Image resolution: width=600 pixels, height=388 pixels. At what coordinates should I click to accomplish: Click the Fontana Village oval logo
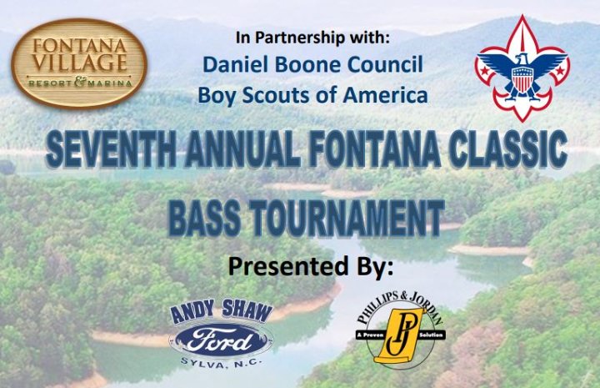click(79, 63)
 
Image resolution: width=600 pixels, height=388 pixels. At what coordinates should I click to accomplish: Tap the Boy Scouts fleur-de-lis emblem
click(522, 68)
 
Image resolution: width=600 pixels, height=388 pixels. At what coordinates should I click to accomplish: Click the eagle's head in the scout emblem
click(520, 59)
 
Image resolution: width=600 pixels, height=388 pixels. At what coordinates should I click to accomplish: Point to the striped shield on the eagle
click(521, 79)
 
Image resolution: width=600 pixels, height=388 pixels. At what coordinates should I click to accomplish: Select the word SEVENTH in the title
click(111, 149)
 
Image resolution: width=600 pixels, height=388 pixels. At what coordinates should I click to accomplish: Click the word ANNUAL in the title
click(242, 149)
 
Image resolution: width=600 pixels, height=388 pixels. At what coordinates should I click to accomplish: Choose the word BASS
click(204, 217)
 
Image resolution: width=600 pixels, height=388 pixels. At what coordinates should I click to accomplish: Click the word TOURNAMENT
click(347, 217)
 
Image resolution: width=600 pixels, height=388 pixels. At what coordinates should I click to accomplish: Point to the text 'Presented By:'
click(310, 266)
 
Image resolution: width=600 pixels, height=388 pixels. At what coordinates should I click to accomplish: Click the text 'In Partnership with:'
click(312, 38)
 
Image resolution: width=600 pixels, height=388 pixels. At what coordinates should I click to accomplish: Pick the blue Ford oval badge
click(221, 340)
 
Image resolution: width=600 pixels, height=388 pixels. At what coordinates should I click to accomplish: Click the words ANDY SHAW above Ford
click(221, 312)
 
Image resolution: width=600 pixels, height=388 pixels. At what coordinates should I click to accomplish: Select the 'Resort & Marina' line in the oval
click(80, 83)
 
